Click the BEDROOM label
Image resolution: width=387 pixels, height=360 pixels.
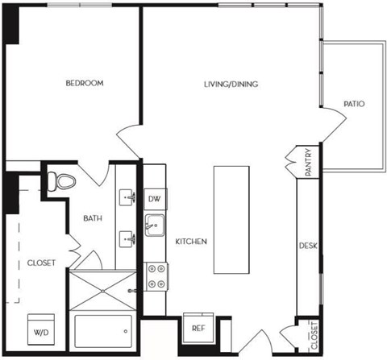tap(84, 83)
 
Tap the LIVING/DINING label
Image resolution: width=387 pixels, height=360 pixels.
tap(231, 83)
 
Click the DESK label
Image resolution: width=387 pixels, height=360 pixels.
tap(308, 246)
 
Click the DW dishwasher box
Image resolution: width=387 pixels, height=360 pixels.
tap(155, 199)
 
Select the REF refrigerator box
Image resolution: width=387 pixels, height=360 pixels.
tap(198, 328)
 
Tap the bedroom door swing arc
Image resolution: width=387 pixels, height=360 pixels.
tap(129, 141)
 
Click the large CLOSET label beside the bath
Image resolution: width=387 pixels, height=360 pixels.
tap(40, 263)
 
